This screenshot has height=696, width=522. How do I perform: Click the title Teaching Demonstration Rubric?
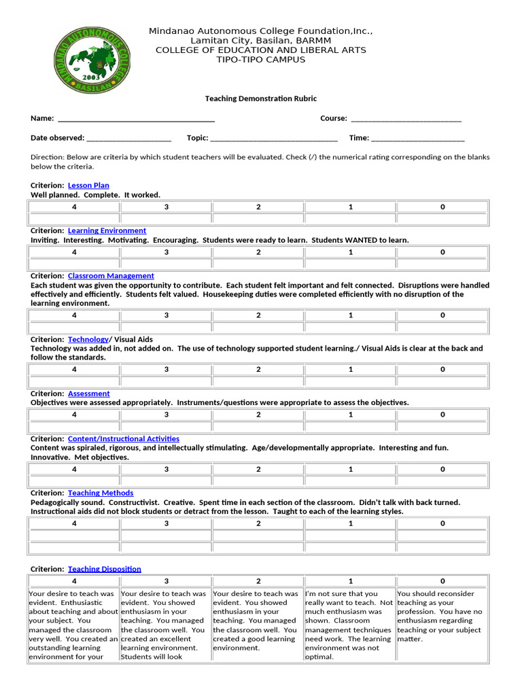point(261,99)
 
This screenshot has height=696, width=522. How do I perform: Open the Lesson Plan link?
point(88,186)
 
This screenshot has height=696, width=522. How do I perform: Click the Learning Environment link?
point(107,231)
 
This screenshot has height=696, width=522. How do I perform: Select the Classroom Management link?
point(111,276)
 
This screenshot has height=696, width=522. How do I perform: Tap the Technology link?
point(88,339)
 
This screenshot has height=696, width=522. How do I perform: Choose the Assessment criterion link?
point(88,394)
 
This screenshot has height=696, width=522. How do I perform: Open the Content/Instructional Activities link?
point(124,439)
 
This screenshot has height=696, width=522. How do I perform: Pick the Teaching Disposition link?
point(105,569)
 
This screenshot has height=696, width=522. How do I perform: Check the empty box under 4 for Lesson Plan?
point(74,219)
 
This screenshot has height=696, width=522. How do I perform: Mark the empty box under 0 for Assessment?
point(442,427)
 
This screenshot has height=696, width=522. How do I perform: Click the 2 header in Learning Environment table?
point(258,252)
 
